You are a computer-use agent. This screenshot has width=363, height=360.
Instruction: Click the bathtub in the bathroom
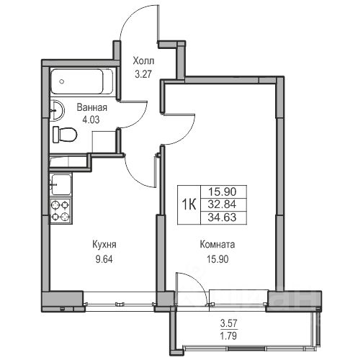[x=82, y=81]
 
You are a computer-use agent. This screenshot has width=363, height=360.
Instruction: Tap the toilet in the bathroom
[x=65, y=135]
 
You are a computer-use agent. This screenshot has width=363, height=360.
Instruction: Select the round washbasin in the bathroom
[x=57, y=111]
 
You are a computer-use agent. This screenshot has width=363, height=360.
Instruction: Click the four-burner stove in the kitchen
[x=60, y=211]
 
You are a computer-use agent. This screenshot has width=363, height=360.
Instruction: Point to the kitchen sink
[x=61, y=184]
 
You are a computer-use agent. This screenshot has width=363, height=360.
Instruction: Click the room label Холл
[x=143, y=61]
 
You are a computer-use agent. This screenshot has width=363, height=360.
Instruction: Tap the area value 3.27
[x=143, y=74]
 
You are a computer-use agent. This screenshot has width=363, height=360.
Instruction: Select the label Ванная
[x=91, y=107]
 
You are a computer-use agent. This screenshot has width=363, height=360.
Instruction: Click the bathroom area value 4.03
[x=91, y=120]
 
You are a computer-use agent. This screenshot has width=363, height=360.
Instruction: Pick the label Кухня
[x=104, y=245]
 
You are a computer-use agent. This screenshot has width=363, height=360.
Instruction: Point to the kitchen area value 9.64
[x=104, y=259]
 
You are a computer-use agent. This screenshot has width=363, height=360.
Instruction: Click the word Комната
[x=218, y=245]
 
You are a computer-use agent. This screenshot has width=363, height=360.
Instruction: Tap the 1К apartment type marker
[x=189, y=204]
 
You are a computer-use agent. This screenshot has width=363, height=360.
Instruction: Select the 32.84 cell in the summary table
[x=222, y=204]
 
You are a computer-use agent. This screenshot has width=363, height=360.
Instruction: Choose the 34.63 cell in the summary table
[x=222, y=217]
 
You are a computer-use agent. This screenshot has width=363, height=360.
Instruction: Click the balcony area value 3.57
[x=228, y=323]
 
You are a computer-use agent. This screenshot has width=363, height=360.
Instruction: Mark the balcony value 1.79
[x=228, y=336]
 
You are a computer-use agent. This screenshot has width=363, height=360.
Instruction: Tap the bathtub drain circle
[x=62, y=81]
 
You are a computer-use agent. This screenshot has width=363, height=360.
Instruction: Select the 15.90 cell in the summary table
[x=222, y=192]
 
